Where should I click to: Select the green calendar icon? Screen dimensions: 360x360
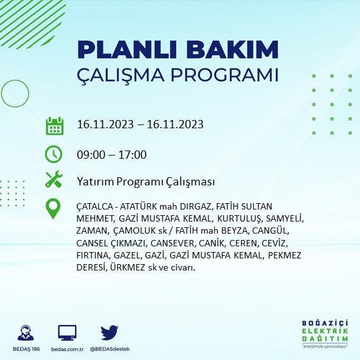coord(54,126)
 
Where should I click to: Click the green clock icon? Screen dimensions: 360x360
coord(54,154)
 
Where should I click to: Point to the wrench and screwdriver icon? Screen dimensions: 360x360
coord(54,180)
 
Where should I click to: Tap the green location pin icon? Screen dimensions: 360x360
coord(54,209)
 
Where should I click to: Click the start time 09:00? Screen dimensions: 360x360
coord(90,154)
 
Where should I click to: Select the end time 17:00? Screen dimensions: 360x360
coord(133,154)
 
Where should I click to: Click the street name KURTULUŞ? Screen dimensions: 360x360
coord(232,219)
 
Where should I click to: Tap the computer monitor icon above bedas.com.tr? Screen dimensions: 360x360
coord(67,333)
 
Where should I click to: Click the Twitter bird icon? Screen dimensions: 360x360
coord(110,333)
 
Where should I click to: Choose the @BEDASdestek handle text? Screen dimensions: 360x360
coord(110,349)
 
